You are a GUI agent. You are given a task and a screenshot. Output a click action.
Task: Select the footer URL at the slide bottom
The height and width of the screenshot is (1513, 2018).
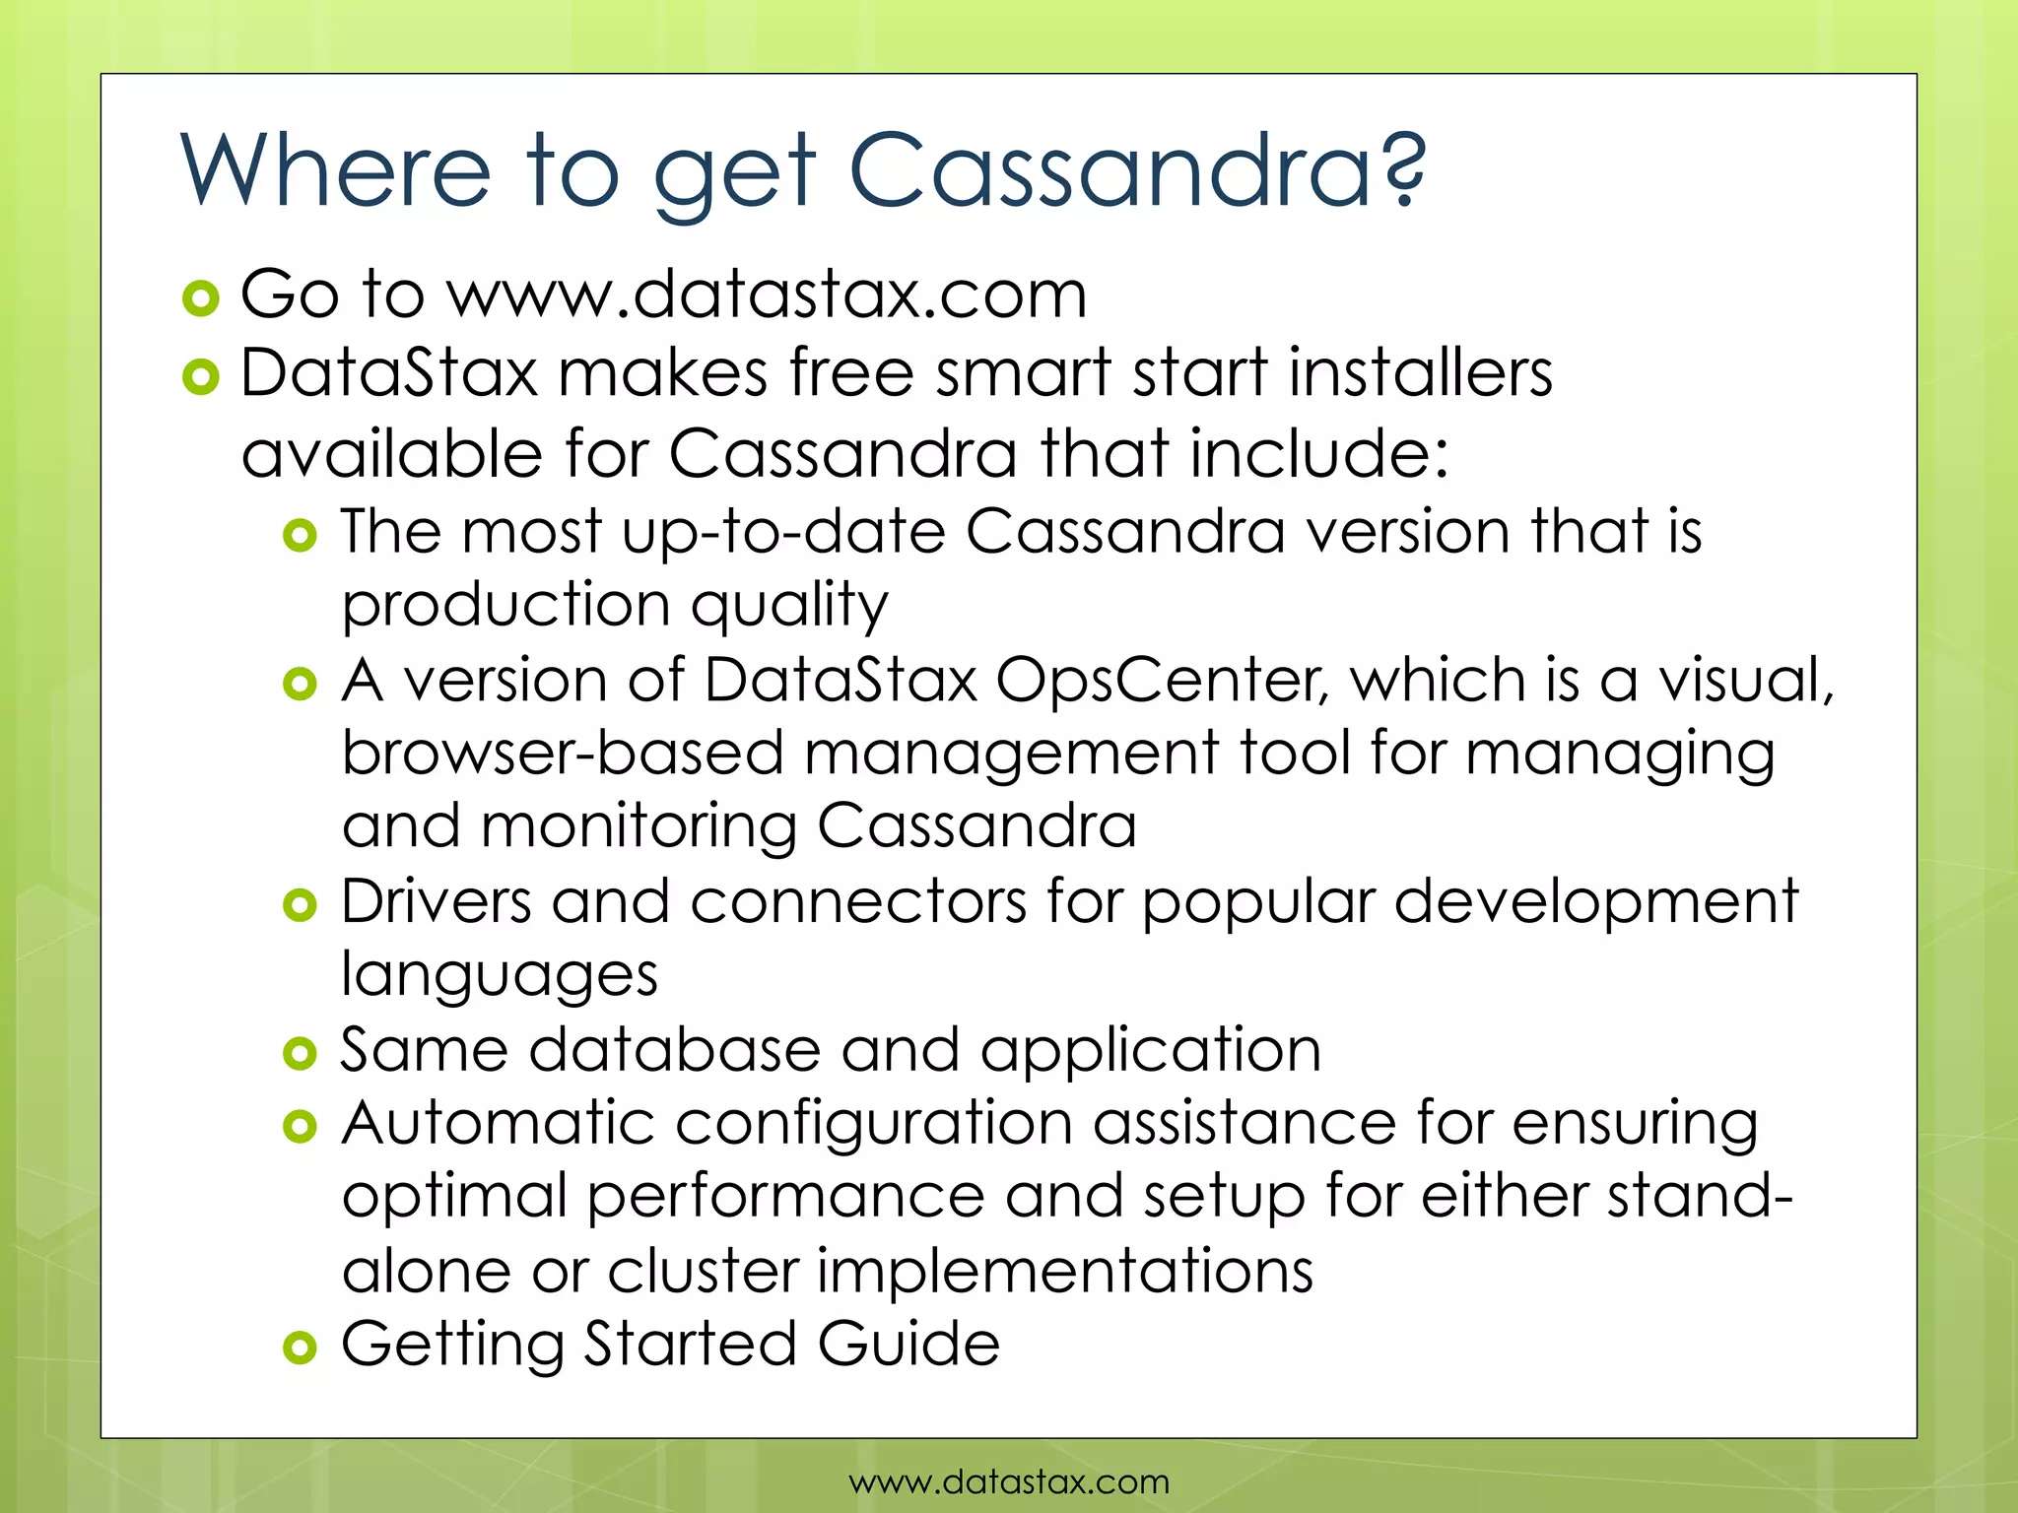click(x=1009, y=1481)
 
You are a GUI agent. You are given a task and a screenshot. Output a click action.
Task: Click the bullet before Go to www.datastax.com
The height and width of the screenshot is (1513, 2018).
click(x=201, y=297)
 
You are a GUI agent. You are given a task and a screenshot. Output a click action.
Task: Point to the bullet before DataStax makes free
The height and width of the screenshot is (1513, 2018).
click(x=201, y=377)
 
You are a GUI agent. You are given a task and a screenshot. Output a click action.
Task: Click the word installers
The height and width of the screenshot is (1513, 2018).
click(x=1420, y=373)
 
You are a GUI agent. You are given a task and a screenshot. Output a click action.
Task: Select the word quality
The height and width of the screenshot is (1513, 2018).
click(x=789, y=605)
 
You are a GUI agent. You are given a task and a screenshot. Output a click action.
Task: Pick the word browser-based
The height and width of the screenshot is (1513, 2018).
click(x=563, y=754)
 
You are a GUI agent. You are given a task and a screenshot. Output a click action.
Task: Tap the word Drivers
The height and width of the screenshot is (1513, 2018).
click(x=437, y=901)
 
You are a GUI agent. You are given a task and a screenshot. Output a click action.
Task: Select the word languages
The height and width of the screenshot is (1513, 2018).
click(x=500, y=975)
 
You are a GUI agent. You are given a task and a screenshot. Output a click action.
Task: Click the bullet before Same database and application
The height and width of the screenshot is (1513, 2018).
click(x=300, y=1054)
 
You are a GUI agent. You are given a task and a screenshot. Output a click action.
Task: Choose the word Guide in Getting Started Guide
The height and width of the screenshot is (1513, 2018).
click(x=908, y=1344)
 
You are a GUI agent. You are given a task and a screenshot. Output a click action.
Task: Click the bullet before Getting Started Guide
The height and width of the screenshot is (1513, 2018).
click(x=300, y=1348)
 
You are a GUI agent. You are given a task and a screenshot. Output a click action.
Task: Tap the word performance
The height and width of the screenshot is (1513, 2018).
click(x=785, y=1197)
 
